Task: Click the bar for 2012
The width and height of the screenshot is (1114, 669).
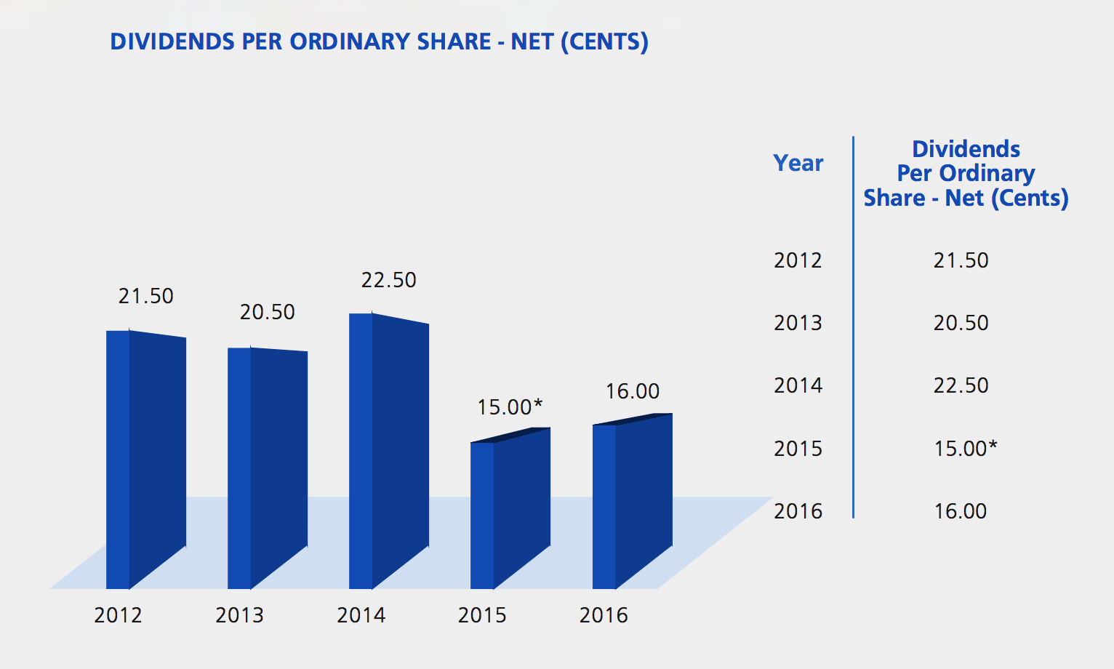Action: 145,458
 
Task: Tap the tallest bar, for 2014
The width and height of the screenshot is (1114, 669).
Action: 388,451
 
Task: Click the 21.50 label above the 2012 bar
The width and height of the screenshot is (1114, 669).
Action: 146,296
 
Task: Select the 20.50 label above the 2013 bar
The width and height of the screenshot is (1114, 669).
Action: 268,312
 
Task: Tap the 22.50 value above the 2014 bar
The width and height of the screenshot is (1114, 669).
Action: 389,280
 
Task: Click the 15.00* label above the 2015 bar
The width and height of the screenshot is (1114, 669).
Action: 510,406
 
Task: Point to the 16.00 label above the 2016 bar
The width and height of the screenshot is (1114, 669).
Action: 633,391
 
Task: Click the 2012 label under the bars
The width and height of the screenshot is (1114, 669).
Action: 118,615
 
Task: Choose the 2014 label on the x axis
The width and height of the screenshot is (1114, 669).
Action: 361,615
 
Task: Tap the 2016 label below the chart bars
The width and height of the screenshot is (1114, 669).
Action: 604,615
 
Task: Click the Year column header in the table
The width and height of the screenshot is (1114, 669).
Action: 798,163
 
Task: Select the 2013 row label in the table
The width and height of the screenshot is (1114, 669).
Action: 798,323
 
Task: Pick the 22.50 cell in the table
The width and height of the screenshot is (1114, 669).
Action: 961,385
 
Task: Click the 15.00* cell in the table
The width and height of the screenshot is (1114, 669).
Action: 965,448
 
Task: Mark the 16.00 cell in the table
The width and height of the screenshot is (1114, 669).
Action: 961,511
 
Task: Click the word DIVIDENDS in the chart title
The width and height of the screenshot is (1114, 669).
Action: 172,41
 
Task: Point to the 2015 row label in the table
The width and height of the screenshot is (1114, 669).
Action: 798,449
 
